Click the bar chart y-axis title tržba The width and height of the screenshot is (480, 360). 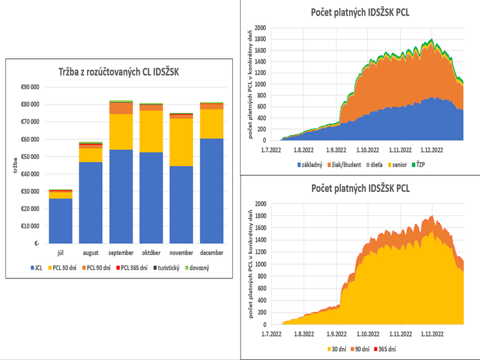[13, 165]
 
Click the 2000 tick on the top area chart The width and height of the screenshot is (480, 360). [259, 28]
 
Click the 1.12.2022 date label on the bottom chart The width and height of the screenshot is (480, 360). [433, 334]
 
